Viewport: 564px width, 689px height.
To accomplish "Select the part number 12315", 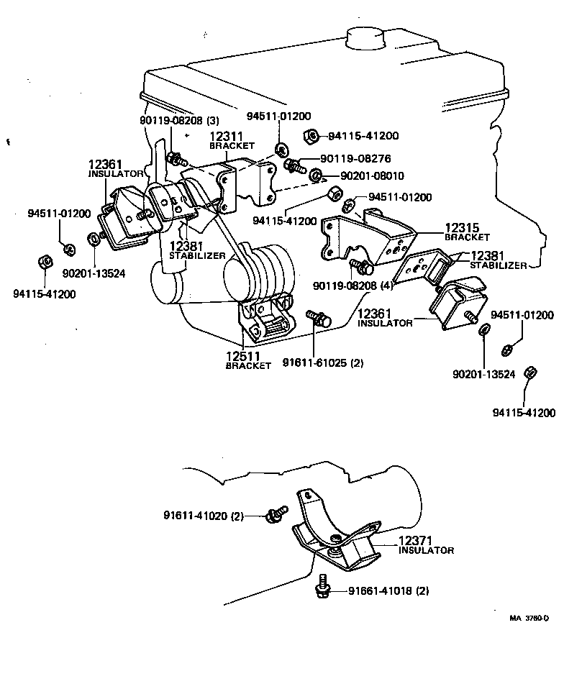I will pos(461,227).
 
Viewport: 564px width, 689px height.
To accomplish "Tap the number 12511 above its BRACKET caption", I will pos(242,355).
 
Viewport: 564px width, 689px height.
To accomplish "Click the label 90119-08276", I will pos(341,162).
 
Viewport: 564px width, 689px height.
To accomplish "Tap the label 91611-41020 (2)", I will pos(203,515).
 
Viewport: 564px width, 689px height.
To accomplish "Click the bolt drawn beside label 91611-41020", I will pos(274,514).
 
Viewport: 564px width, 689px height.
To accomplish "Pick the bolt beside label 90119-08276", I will pos(293,165).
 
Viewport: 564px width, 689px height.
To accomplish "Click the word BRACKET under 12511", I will pos(247,366).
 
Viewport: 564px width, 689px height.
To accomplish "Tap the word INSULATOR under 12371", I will pos(426,550).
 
